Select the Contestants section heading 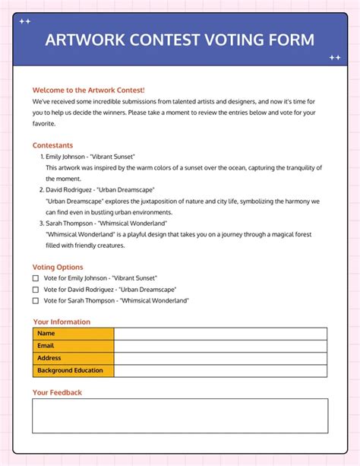pos(52,144)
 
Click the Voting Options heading pos(58,267)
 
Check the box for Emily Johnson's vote pos(35,278)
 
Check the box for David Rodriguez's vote pos(35,290)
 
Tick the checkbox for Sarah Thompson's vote pos(35,300)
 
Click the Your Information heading pos(62,322)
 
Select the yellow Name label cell pos(73,334)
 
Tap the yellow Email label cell pos(73,346)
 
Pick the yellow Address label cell pos(73,358)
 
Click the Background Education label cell pos(73,371)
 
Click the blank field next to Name pos(220,334)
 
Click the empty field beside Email pos(220,346)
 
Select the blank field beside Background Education pos(220,371)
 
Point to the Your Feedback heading pos(57,392)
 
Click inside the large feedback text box pos(180,416)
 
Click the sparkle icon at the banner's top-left pos(24,21)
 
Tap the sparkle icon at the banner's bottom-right pos(334,57)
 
